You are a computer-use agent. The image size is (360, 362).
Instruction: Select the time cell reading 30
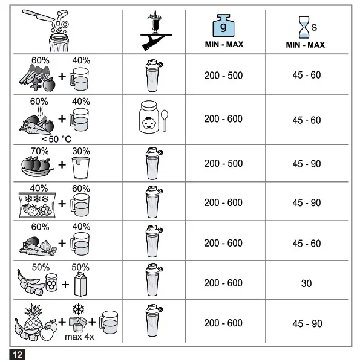tap(306, 283)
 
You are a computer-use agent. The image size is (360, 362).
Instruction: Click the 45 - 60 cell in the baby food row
tap(306, 120)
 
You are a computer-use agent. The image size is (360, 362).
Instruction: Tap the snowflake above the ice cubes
tap(77, 308)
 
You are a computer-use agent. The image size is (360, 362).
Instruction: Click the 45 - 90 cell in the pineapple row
tap(306, 324)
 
